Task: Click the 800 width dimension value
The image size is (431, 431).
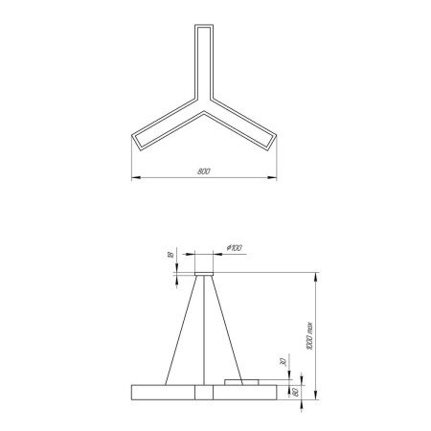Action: pos(203,171)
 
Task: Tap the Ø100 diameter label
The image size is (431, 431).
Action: pos(233,249)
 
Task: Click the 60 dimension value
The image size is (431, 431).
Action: pos(294,391)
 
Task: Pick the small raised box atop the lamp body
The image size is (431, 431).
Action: pos(240,382)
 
